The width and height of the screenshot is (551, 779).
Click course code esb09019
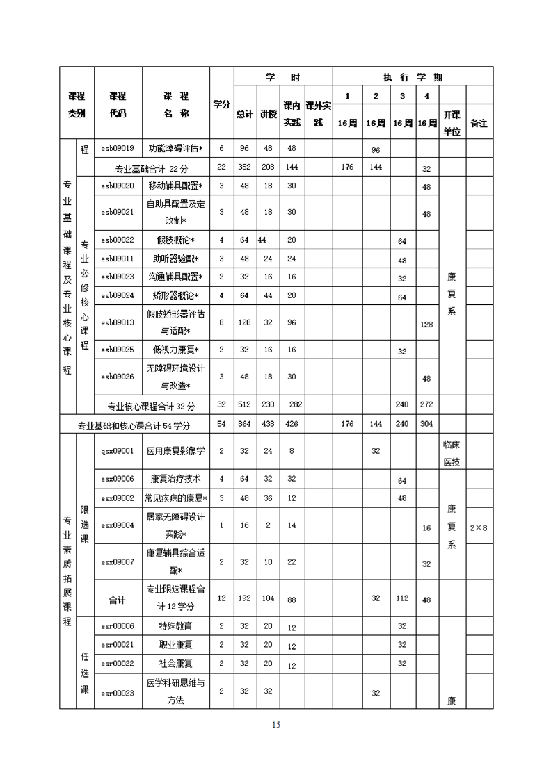(117, 149)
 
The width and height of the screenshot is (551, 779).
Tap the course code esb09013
(117, 322)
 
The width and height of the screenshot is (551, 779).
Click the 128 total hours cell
(244, 322)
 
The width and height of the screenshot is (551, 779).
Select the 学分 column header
(221, 104)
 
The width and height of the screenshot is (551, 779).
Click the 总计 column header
(244, 114)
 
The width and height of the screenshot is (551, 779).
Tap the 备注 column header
(479, 123)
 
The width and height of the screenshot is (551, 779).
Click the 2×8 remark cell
(479, 528)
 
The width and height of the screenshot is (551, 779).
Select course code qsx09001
(117, 451)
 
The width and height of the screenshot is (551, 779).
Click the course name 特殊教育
(175, 626)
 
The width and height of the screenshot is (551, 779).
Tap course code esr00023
(117, 692)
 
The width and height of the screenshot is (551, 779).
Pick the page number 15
(275, 725)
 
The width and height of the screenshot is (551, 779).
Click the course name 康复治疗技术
(175, 479)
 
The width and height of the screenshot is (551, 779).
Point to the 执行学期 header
(413, 77)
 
